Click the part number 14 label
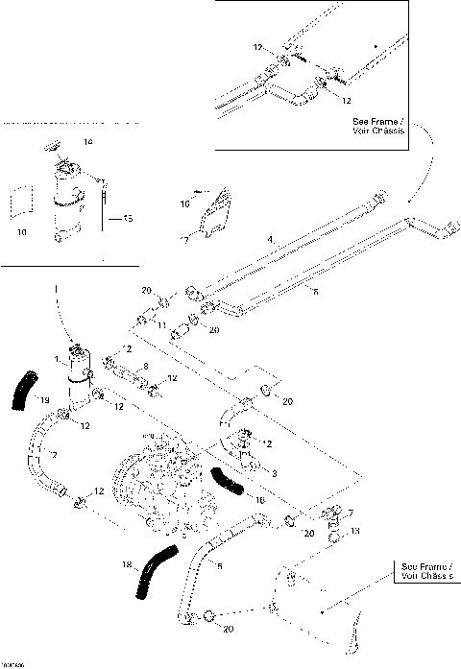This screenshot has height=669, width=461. point(87,142)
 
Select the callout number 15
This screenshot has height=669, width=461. point(128,219)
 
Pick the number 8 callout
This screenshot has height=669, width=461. point(145,366)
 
